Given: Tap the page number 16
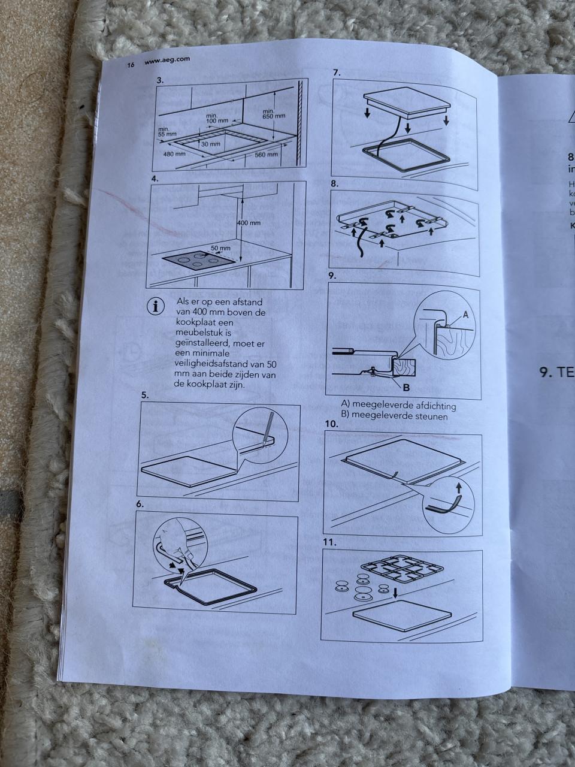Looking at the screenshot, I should click(131, 64).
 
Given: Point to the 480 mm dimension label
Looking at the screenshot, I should click(174, 153).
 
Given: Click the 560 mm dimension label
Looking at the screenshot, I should click(266, 154).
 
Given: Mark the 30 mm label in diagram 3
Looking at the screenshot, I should click(210, 144).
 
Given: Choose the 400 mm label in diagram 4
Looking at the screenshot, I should click(249, 223).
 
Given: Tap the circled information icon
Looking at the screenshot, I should click(156, 306).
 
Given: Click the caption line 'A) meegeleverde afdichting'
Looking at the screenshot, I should click(398, 406).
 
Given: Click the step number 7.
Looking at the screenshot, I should click(337, 73).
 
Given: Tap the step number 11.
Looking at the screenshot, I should click(331, 543).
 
